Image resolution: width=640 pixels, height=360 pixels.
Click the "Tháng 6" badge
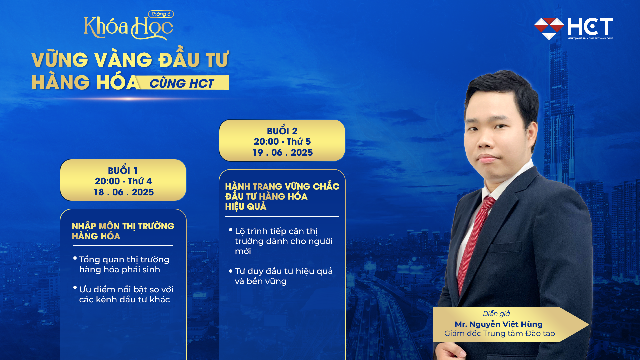[x=161, y=14]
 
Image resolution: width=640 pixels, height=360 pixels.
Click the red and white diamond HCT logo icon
[x=549, y=28]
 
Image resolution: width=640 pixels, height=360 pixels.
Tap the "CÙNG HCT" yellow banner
[x=182, y=83]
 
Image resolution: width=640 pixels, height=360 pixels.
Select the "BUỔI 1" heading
[x=123, y=171]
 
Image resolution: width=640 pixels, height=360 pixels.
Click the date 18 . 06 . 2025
[x=123, y=192]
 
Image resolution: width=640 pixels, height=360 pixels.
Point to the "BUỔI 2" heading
[x=282, y=131]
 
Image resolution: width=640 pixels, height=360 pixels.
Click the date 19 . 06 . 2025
[x=282, y=153]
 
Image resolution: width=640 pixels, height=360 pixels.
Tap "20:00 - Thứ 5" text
[x=282, y=142]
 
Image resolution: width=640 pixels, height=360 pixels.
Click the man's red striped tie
[x=475, y=240]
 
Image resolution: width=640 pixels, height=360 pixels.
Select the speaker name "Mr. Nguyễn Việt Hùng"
[x=498, y=324]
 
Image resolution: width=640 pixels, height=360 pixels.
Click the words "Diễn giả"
[x=496, y=314]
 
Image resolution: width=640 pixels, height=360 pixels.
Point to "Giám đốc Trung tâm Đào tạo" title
[x=499, y=334]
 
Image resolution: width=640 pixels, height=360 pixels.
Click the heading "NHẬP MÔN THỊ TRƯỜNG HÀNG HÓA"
[x=123, y=231]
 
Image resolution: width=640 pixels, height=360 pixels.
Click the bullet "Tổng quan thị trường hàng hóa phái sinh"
[x=124, y=264]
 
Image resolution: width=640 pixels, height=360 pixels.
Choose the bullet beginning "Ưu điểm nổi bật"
[x=126, y=294]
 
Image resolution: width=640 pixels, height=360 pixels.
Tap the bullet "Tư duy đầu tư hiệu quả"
[x=283, y=276]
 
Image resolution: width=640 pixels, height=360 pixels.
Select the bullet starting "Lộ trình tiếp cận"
[x=283, y=241]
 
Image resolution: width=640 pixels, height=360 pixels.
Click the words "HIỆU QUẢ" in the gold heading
[x=246, y=207]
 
